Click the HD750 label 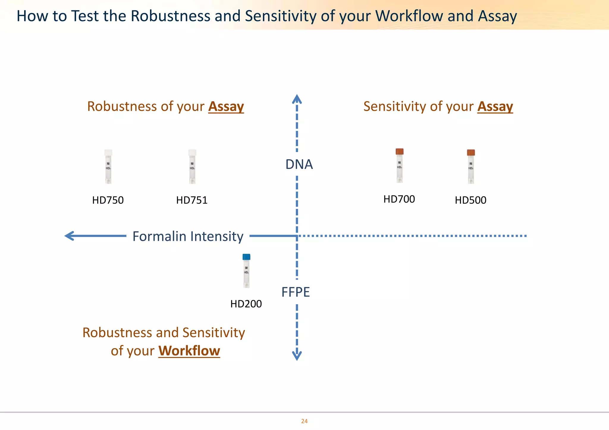pyautogui.click(x=108, y=200)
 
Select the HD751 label pyautogui.click(x=192, y=200)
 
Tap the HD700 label pyautogui.click(x=399, y=199)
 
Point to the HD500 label pyautogui.click(x=470, y=200)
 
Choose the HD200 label pyautogui.click(x=246, y=304)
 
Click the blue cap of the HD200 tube pyautogui.click(x=246, y=257)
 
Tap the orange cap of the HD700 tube pyautogui.click(x=399, y=151)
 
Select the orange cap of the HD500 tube pyautogui.click(x=471, y=153)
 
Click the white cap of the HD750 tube pyautogui.click(x=108, y=153)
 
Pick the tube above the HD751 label pyautogui.click(x=192, y=167)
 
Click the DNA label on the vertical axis pyautogui.click(x=299, y=164)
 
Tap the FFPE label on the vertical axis pyautogui.click(x=296, y=292)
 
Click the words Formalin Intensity pyautogui.click(x=188, y=236)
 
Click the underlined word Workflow pyautogui.click(x=189, y=351)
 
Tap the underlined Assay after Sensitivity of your pyautogui.click(x=495, y=106)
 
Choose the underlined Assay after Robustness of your pyautogui.click(x=226, y=106)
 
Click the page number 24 pyautogui.click(x=304, y=421)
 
